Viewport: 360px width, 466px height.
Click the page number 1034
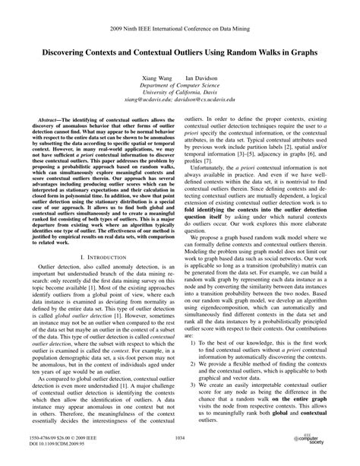click(180, 437)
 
